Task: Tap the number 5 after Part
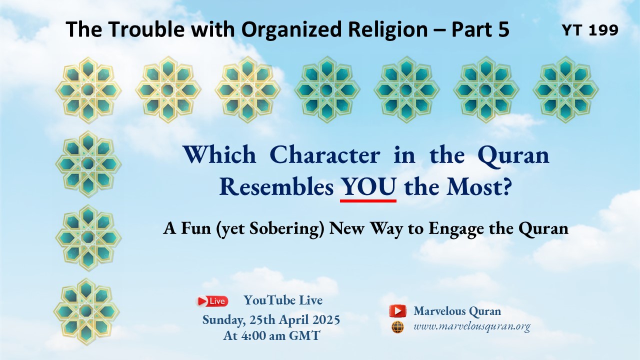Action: (x=502, y=29)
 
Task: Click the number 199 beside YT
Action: (x=603, y=30)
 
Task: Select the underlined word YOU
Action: (x=368, y=186)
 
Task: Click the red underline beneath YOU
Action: (x=368, y=201)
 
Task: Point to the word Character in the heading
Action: (x=325, y=155)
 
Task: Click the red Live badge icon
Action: (x=212, y=301)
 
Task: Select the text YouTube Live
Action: (x=283, y=300)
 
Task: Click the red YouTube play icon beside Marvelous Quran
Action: (x=397, y=311)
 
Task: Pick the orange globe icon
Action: (x=397, y=327)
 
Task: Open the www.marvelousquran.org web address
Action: (x=471, y=327)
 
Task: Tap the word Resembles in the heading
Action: (x=276, y=187)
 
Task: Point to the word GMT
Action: (x=304, y=335)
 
